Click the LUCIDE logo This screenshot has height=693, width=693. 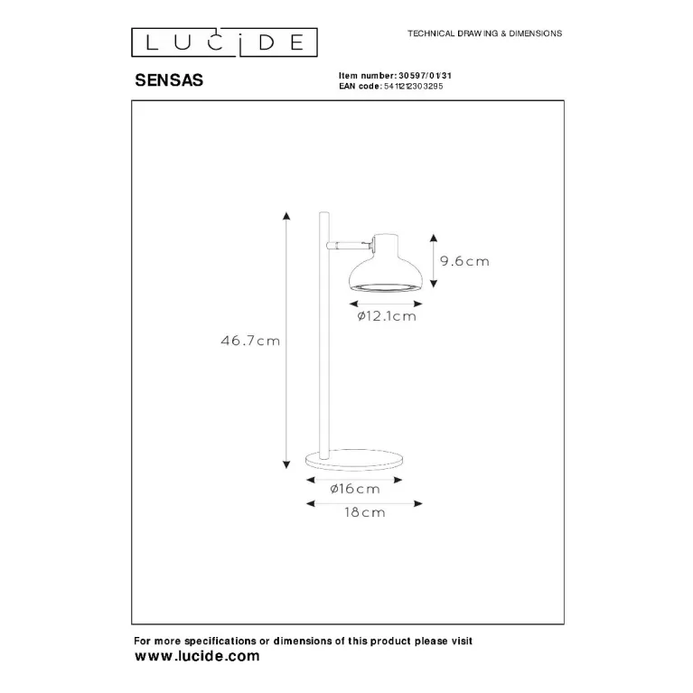pyautogui.click(x=224, y=42)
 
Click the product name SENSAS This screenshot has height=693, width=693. pyautogui.click(x=169, y=80)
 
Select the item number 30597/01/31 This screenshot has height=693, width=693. pyautogui.click(x=425, y=76)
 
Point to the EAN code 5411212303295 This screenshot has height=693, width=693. pyautogui.click(x=413, y=86)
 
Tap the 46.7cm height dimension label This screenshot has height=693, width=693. pyautogui.click(x=250, y=341)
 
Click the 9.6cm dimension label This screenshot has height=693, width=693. pyautogui.click(x=465, y=261)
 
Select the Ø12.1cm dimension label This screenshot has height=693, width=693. pyautogui.click(x=387, y=316)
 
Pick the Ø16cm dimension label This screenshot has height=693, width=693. pyautogui.click(x=355, y=489)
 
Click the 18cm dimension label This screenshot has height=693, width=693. pyautogui.click(x=365, y=512)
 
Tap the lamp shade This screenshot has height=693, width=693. pyautogui.click(x=386, y=265)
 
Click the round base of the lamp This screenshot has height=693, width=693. pyautogui.click(x=354, y=458)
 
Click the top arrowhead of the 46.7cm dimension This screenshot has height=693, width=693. pyautogui.click(x=286, y=216)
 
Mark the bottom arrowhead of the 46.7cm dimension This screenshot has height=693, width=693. pyautogui.click(x=286, y=464)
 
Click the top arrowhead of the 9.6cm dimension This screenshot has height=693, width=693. pyautogui.click(x=434, y=239)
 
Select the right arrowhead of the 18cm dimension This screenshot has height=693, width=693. pyautogui.click(x=418, y=503)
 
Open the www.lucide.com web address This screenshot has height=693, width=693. pyautogui.click(x=197, y=656)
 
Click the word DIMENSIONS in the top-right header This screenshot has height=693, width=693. pyautogui.click(x=535, y=33)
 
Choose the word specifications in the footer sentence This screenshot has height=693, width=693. pyautogui.click(x=220, y=641)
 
